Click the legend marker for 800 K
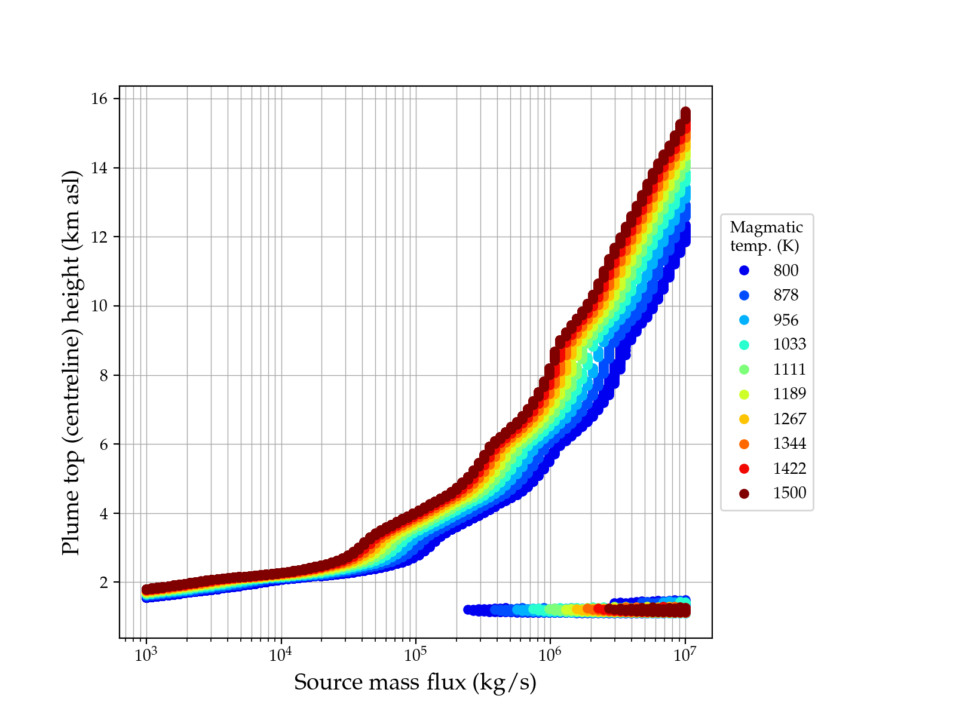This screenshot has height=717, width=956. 744,271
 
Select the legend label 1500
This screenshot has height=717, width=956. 789,493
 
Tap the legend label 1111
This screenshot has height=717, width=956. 789,369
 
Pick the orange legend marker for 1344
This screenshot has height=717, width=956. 744,444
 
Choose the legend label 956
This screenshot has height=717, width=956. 786,320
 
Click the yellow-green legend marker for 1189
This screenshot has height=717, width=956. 744,394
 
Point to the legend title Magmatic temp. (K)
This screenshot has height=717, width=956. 767,236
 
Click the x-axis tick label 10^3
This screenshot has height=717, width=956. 145,655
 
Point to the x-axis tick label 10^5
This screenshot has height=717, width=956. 415,655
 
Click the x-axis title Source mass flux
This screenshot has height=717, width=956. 415,682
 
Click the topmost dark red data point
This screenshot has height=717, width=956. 685,112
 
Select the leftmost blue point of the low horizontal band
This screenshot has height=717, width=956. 468,609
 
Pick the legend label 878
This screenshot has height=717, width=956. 786,295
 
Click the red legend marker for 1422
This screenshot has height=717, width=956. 744,468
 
